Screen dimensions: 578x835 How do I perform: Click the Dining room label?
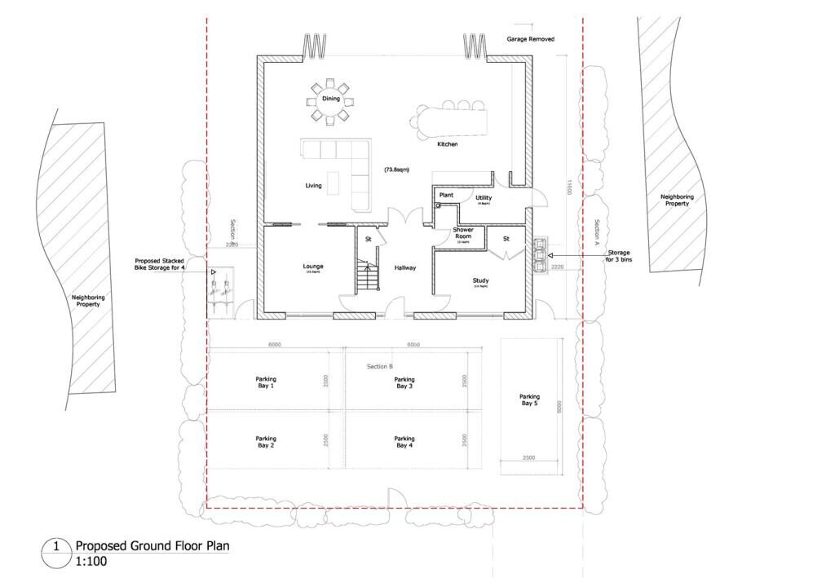pyautogui.click(x=330, y=99)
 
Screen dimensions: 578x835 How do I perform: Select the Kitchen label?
pyautogui.click(x=447, y=144)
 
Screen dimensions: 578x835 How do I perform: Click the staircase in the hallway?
pyautogui.click(x=368, y=275)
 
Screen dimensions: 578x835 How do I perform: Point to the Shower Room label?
pyautogui.click(x=463, y=233)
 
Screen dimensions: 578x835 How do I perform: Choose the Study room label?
pyautogui.click(x=480, y=281)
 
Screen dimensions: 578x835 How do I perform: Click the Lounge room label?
pyautogui.click(x=313, y=267)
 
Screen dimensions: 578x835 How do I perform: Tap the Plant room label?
pyautogui.click(x=446, y=196)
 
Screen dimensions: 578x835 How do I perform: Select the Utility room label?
pyautogui.click(x=484, y=198)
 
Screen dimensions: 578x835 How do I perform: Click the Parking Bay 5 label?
pyautogui.click(x=530, y=400)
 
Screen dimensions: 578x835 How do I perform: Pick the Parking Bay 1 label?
pyautogui.click(x=266, y=382)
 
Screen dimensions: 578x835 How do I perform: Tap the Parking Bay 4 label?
pyautogui.click(x=404, y=442)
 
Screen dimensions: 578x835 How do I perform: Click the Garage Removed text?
pyautogui.click(x=530, y=38)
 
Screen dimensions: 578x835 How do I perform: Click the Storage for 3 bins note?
pyautogui.click(x=618, y=257)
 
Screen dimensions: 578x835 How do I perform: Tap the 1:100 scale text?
pyautogui.click(x=91, y=561)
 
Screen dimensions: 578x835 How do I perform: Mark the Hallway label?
pyautogui.click(x=406, y=267)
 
